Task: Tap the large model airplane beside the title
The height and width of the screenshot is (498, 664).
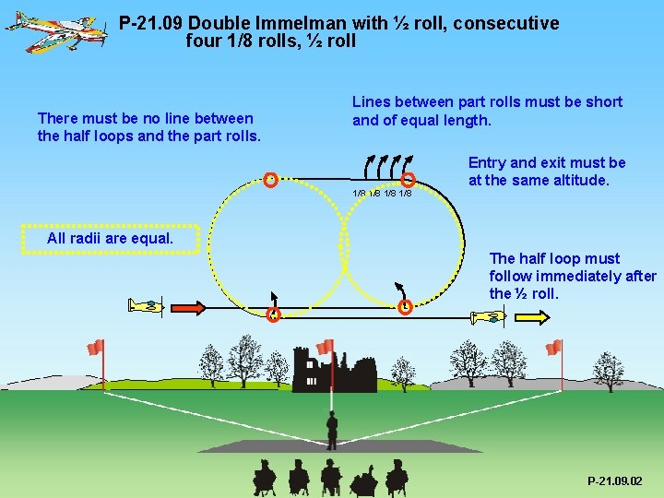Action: pos(55,30)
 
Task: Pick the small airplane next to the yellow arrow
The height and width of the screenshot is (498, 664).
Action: pos(488,317)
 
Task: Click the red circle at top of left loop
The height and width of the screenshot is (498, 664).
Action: pos(270,179)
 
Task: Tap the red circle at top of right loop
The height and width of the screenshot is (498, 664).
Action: pos(409,181)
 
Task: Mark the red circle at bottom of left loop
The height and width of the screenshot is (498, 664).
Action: pos(273,315)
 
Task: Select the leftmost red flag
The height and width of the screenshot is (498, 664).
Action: pos(95,348)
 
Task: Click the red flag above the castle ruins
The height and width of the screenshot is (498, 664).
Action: pos(325,348)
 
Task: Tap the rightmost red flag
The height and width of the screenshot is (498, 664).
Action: pos(553,348)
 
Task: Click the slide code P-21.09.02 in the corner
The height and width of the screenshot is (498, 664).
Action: pos(615,481)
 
